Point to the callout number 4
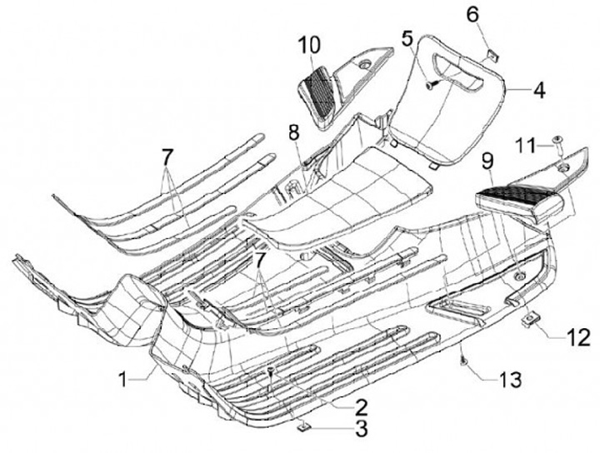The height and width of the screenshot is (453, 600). (x=539, y=88)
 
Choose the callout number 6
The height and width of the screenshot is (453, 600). (x=495, y=14)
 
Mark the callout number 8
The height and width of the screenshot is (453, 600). (x=293, y=131)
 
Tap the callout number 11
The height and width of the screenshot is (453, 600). (x=524, y=145)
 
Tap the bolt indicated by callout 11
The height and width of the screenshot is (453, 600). (x=556, y=141)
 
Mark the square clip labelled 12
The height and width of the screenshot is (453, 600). (x=527, y=320)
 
